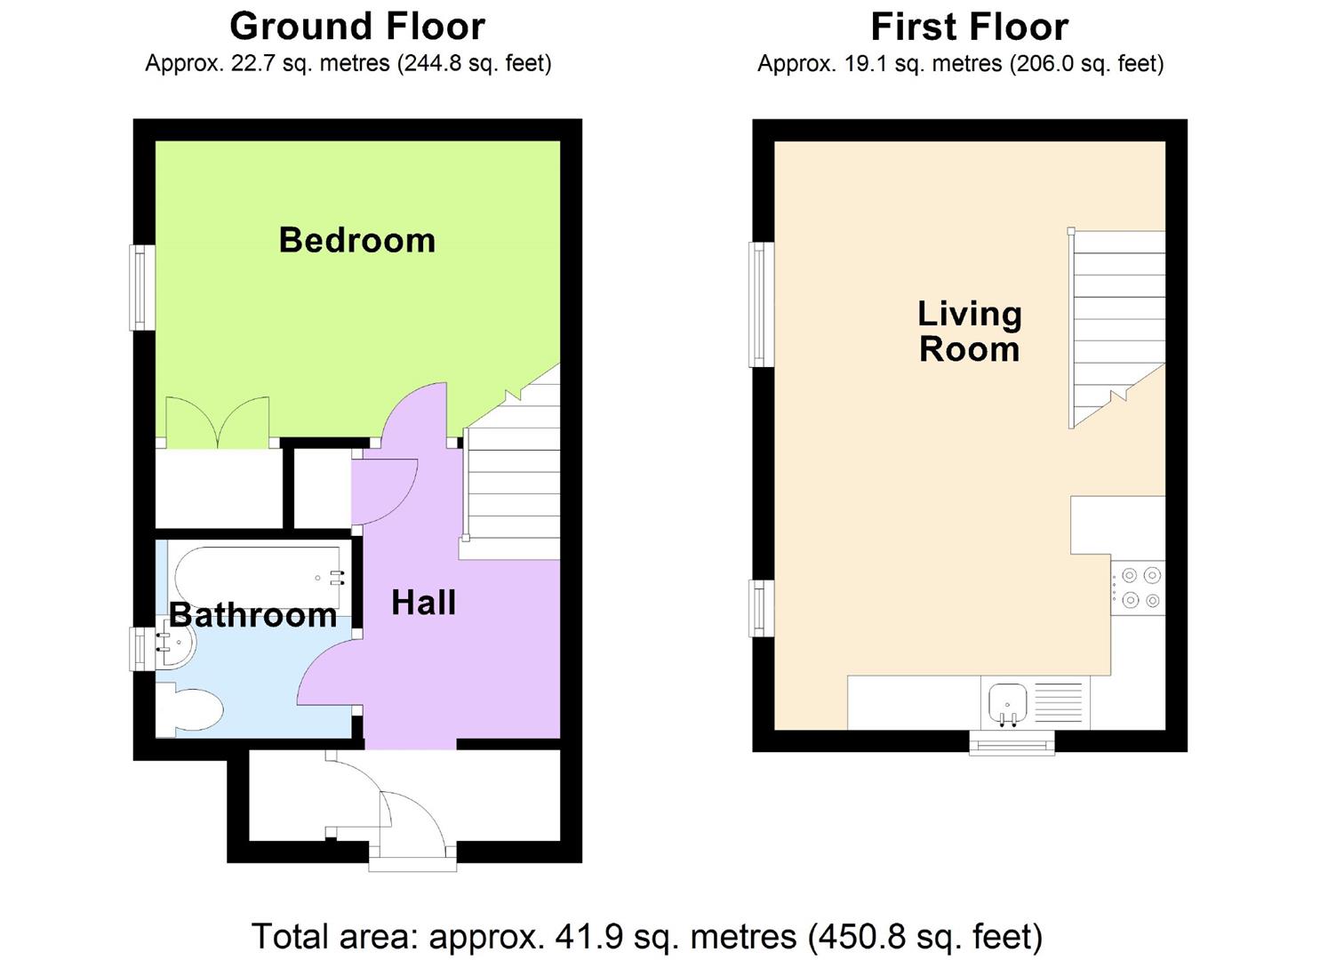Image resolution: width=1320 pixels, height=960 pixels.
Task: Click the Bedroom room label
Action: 357,240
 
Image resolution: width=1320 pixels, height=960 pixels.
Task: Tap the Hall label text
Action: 424,603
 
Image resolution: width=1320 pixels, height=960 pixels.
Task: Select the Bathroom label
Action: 252,615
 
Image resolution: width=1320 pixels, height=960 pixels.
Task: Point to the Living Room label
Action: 970,332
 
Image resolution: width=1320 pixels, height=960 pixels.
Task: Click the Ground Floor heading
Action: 357,27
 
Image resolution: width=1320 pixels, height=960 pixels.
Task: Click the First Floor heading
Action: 970,27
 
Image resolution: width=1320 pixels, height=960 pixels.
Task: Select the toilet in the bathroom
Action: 188,709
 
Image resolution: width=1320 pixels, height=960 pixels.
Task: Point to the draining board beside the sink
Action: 1059,702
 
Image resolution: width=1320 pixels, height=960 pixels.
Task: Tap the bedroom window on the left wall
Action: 142,288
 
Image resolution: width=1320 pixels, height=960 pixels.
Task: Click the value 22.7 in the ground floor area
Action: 252,63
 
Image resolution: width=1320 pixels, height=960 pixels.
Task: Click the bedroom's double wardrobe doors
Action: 218,422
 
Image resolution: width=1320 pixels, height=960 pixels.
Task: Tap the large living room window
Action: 762,304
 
